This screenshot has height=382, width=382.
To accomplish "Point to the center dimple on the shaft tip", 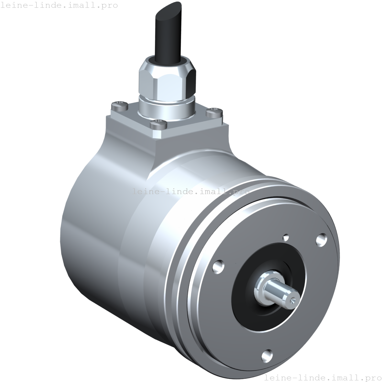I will [292, 300].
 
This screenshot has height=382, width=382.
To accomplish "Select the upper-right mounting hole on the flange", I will [321, 239].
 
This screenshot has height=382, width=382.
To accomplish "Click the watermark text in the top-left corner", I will [59, 5].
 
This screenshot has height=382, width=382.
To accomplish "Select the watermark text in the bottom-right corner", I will [322, 377].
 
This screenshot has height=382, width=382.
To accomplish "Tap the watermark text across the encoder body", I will [191, 191].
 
